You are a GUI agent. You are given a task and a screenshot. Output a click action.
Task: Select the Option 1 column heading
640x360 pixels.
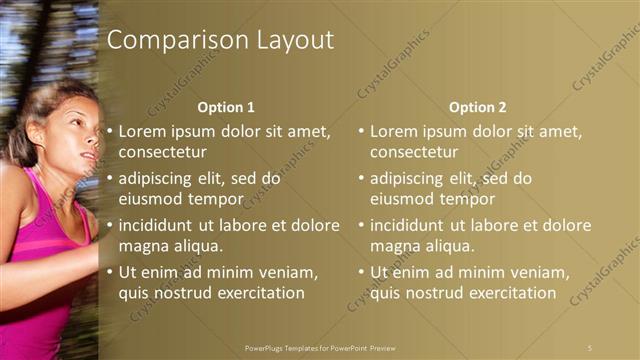pyautogui.click(x=226, y=107)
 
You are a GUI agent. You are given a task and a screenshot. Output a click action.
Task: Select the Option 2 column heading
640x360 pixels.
pyautogui.click(x=477, y=107)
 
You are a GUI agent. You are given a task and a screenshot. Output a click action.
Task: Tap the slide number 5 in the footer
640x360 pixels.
pyautogui.click(x=590, y=347)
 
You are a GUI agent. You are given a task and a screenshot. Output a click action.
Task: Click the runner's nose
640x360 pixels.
pyautogui.click(x=97, y=140)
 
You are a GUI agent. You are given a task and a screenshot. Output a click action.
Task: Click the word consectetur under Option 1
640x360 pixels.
pyautogui.click(x=163, y=153)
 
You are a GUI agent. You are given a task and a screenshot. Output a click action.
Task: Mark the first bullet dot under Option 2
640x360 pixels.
pyautogui.click(x=362, y=131)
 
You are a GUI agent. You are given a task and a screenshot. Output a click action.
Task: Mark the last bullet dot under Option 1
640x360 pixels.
pyautogui.click(x=110, y=272)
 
